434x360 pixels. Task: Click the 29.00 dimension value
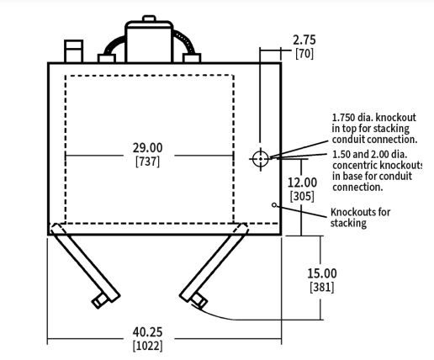click(147, 148)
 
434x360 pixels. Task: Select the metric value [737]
click(147, 161)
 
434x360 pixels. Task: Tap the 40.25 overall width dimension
click(147, 332)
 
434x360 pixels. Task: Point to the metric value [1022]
click(147, 346)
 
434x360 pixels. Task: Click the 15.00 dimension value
click(322, 273)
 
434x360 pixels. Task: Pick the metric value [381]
click(322, 288)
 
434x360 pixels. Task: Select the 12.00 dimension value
click(302, 183)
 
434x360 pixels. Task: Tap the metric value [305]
click(302, 196)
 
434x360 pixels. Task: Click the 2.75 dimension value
click(304, 40)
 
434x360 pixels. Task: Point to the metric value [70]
click(304, 54)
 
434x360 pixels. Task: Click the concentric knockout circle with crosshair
click(261, 159)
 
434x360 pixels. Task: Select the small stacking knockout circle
click(274, 205)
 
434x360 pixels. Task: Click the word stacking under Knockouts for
click(348, 224)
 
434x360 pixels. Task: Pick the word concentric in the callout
click(354, 166)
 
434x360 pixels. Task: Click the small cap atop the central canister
click(149, 19)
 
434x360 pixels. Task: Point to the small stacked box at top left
click(73, 51)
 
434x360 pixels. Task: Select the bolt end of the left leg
click(99, 300)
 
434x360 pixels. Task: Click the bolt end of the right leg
click(199, 301)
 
